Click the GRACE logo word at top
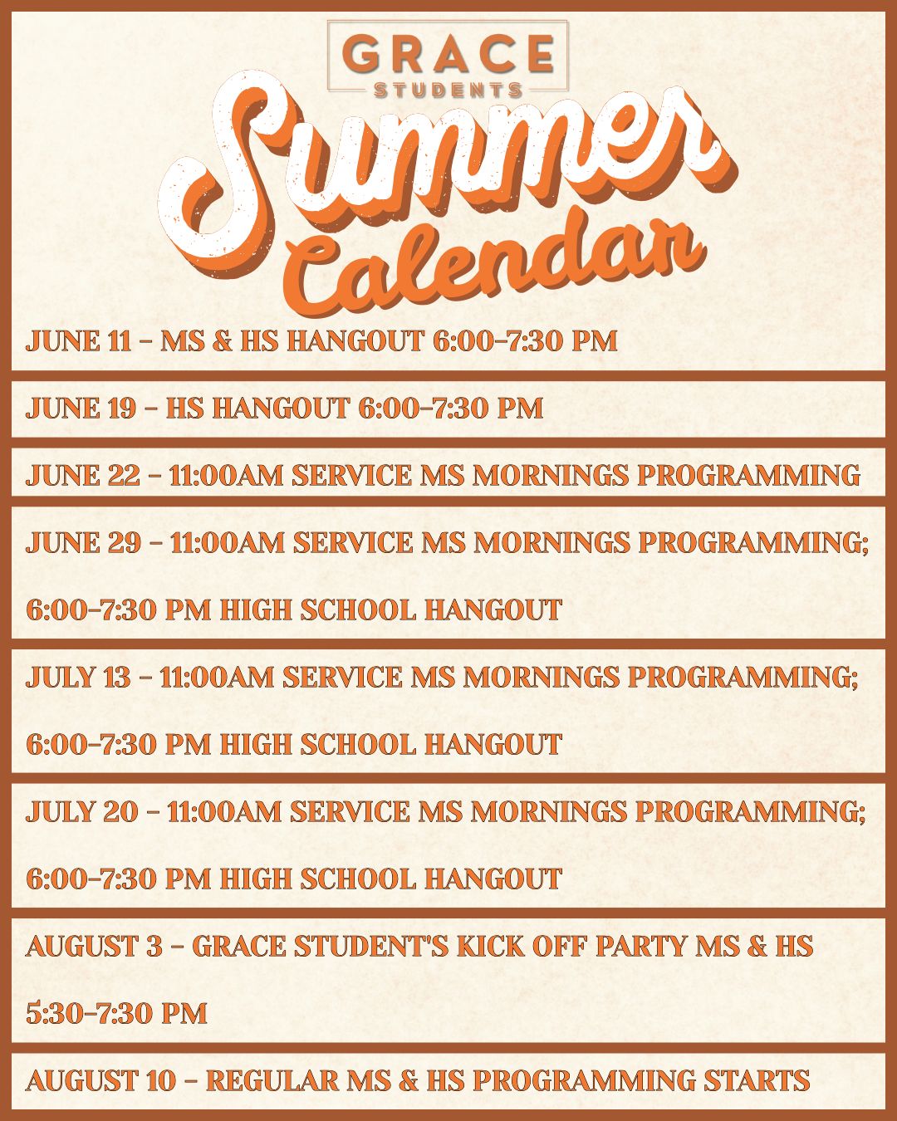pos(448,54)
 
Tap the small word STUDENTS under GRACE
pos(448,91)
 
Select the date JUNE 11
pos(78,341)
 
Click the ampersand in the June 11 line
pos(222,341)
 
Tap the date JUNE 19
pos(81,408)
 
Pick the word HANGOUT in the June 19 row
pos(281,408)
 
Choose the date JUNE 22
pos(82,476)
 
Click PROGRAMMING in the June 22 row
pos(749,476)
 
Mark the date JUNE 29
pos(83,543)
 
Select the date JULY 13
pos(78,678)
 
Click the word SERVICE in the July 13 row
pos(342,678)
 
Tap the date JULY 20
pos(81,811)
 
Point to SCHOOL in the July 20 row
pos(358,879)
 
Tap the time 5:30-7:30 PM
pos(117,1013)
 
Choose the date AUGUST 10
pos(100,1080)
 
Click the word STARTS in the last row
pos(757,1080)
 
